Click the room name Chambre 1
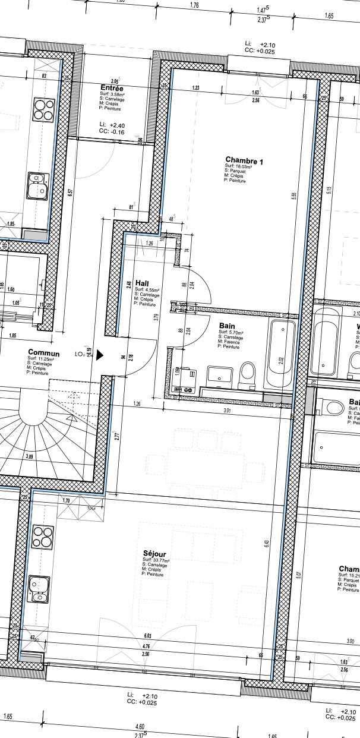[x=244, y=160]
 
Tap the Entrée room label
[x=112, y=87]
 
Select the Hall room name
[x=142, y=282]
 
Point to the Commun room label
[x=44, y=353]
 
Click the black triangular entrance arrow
[x=100, y=355]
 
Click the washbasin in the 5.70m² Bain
[x=220, y=375]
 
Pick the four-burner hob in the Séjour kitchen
[x=43, y=537]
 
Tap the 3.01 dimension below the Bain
[x=226, y=410]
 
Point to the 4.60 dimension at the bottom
[x=140, y=726]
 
